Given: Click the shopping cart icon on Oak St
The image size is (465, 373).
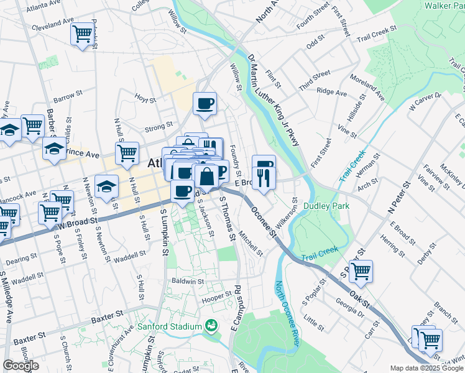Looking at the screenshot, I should tap(361, 271).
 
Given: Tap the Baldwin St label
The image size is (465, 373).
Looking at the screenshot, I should tap(188, 282).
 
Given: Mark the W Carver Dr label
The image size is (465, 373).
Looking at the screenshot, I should tap(424, 101).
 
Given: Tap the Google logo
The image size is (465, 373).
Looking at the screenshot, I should tap(21, 366).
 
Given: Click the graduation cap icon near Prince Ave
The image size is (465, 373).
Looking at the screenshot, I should tap(54, 149).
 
